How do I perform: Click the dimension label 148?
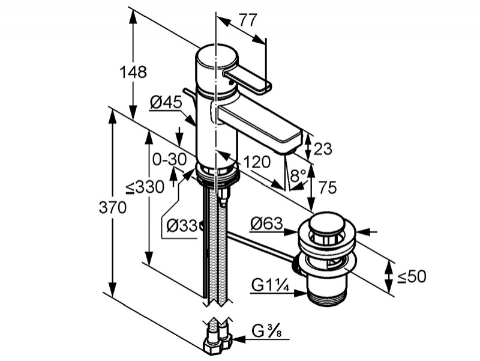point(133,73)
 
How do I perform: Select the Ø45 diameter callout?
point(166,102)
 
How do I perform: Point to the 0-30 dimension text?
point(170,159)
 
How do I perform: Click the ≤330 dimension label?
point(145,187)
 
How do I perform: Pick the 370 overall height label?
point(112,208)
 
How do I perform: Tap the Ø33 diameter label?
point(182,226)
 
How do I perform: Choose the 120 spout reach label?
point(257,162)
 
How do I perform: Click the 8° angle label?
point(298,175)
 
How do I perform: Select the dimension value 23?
point(323,149)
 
